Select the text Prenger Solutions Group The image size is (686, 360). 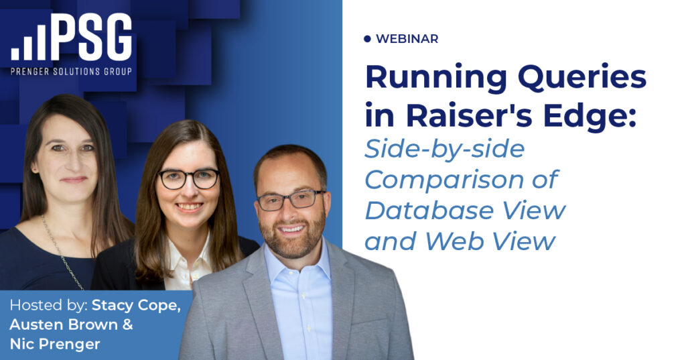click(71, 71)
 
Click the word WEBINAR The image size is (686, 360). click(407, 39)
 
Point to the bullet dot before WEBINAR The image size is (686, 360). click(367, 39)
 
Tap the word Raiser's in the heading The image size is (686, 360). click(469, 115)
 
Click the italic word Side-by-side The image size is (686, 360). click(445, 149)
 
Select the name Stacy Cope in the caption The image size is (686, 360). click(136, 305)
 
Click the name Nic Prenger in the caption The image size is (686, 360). click(55, 344)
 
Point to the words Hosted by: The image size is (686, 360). click(48, 305)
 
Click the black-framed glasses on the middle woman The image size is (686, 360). click(188, 179)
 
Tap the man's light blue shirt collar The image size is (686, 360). click(297, 263)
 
